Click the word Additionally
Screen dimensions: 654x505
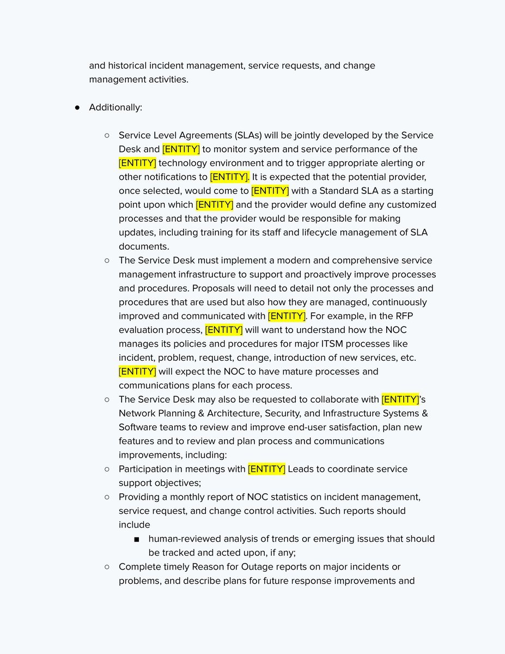[115, 107]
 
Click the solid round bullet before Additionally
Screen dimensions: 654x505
[78, 107]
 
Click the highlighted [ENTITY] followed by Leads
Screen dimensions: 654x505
[266, 469]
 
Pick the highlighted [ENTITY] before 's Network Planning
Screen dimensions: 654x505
[400, 399]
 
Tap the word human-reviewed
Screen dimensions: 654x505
[185, 538]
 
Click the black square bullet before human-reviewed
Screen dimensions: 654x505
[136, 539]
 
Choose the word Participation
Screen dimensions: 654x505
[147, 469]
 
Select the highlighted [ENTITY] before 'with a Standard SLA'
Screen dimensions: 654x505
[270, 191]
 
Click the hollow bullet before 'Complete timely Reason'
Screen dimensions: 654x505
[107, 567]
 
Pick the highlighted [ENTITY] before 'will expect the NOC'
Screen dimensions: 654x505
[137, 372]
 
